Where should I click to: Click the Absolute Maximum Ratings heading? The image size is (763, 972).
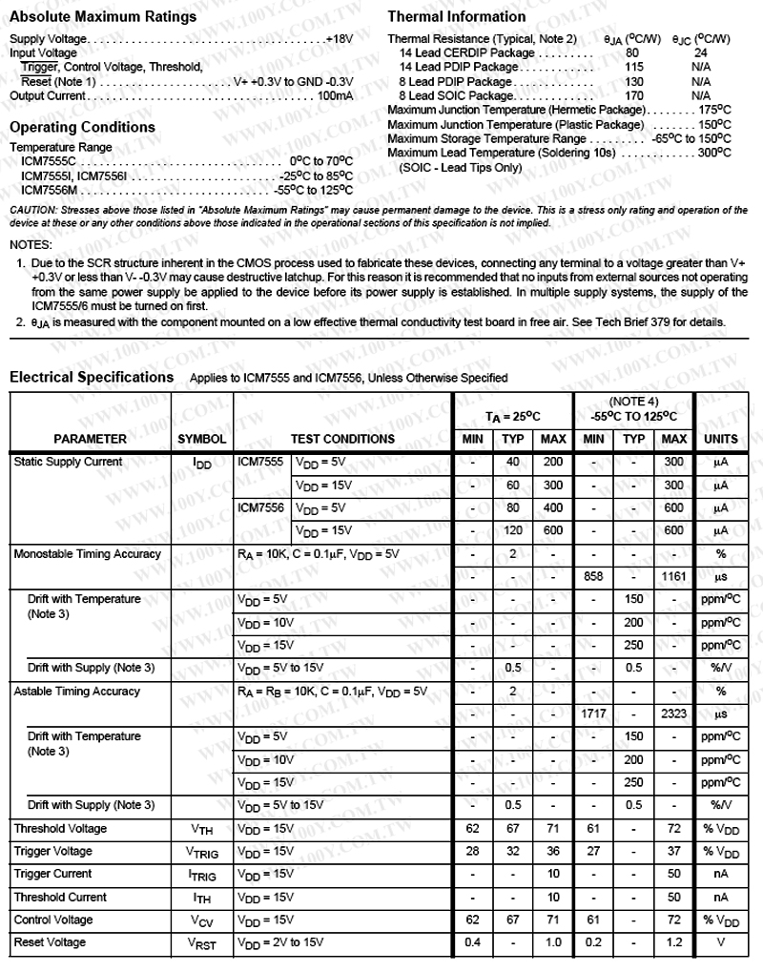103,16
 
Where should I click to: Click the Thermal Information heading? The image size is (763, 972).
457,16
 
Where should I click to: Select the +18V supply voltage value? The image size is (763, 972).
340,38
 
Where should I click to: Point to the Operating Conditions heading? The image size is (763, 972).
82,127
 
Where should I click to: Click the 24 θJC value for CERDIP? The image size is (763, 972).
701,52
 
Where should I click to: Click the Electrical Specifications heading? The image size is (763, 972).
92,377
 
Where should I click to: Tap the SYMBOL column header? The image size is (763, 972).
202,439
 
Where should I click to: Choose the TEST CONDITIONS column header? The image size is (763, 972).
342,439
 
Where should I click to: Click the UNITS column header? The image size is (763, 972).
720,439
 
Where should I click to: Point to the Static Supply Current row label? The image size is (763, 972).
68,462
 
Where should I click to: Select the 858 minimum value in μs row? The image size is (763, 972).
592,576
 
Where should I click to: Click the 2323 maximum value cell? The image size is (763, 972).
673,713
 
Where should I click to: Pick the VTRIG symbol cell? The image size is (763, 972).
202,852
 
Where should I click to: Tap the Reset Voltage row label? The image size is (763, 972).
50,942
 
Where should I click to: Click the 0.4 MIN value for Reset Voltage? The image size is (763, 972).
472,942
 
